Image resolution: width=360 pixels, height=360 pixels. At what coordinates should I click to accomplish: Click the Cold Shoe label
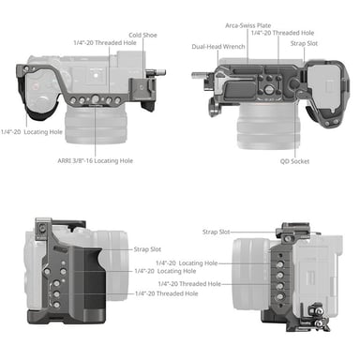142,33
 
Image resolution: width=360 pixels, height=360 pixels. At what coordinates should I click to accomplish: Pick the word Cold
136,33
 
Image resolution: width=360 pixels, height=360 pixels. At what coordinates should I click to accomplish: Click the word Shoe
149,33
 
